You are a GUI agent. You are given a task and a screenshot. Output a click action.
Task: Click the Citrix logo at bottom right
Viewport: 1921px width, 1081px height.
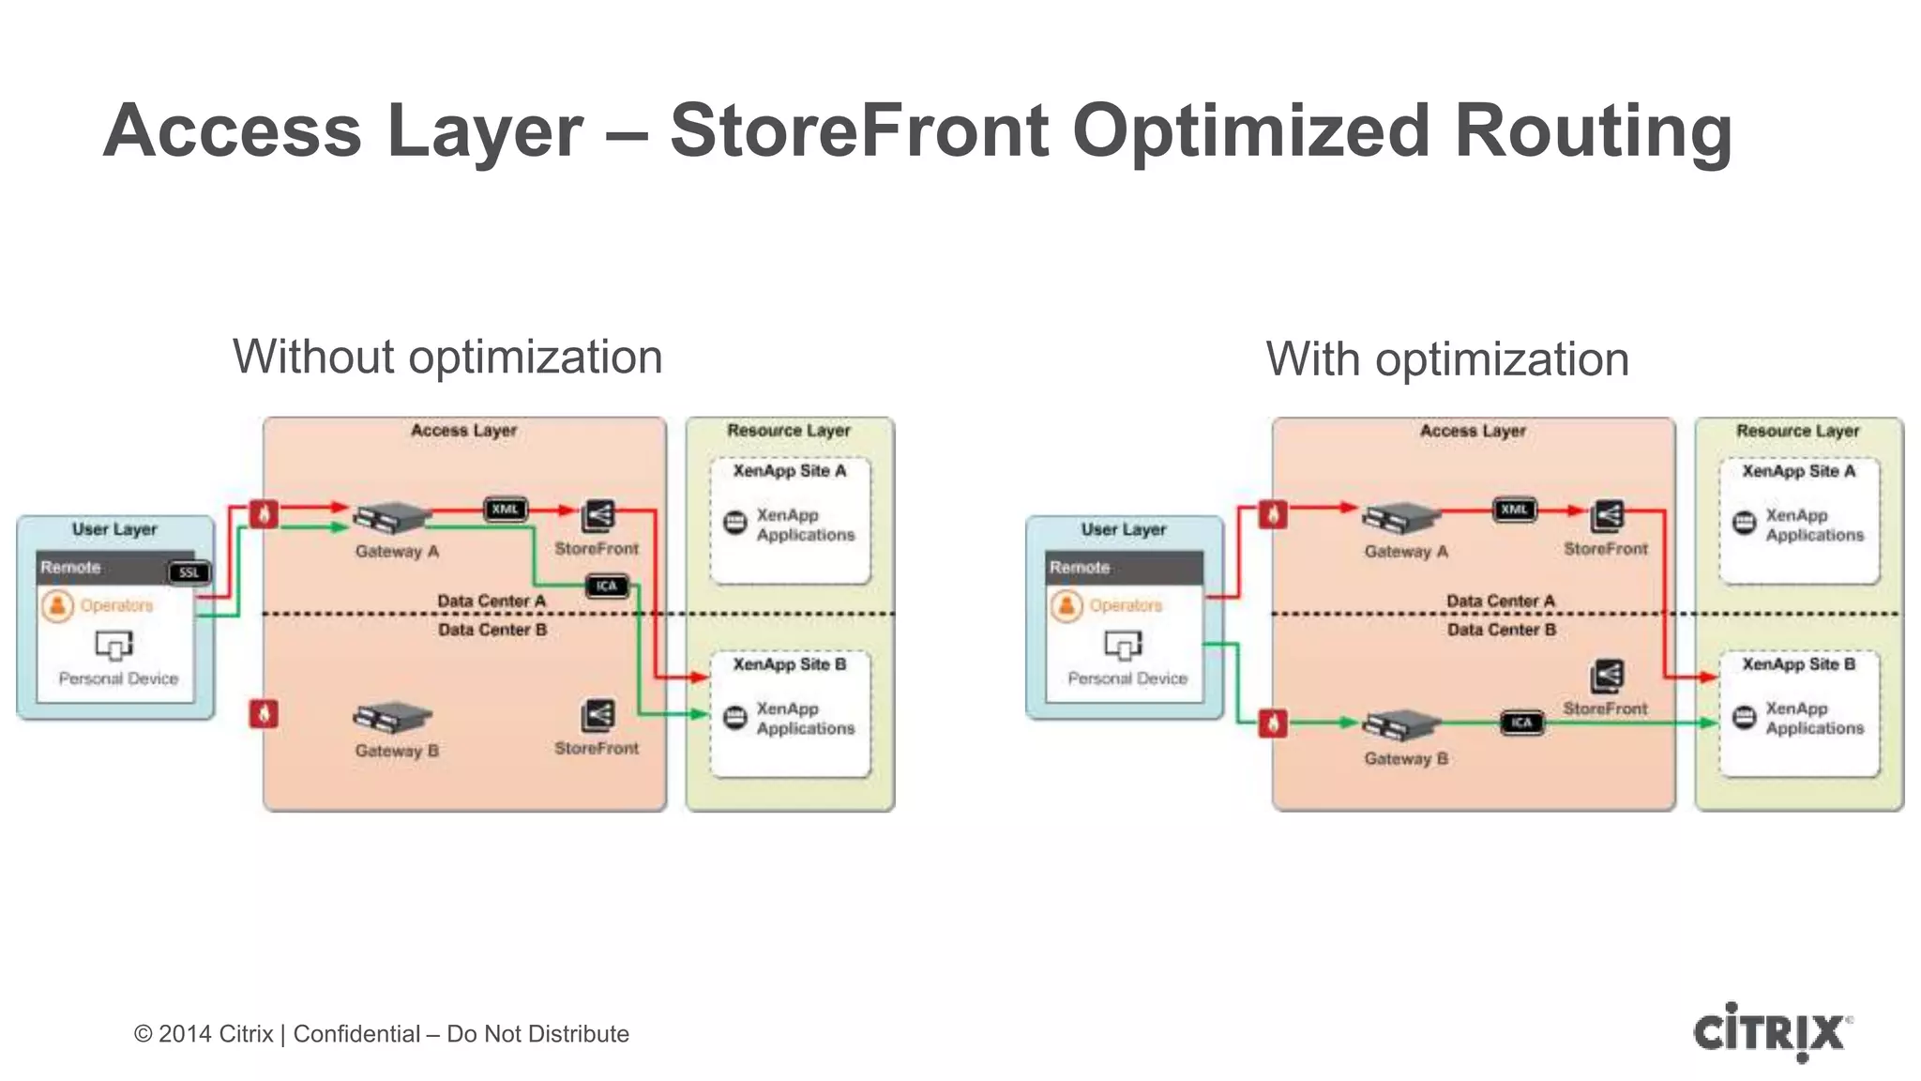point(1771,1032)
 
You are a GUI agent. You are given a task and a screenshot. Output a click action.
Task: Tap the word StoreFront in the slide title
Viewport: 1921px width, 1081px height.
point(858,131)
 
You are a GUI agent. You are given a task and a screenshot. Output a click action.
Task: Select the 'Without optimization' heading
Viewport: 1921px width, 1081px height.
point(447,358)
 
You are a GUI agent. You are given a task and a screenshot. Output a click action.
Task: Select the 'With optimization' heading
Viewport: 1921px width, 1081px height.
point(1446,359)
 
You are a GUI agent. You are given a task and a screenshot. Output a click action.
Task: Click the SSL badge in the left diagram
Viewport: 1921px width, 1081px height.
point(189,572)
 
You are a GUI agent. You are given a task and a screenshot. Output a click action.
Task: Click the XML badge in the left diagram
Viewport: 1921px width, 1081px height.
point(506,510)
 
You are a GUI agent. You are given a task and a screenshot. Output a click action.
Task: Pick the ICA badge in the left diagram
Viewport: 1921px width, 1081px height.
point(606,586)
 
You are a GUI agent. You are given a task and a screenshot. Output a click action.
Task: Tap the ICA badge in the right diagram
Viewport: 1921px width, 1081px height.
point(1521,723)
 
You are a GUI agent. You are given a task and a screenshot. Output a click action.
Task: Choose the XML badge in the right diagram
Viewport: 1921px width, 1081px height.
point(1514,510)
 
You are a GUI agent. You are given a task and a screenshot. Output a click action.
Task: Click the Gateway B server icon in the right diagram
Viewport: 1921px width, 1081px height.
point(1401,725)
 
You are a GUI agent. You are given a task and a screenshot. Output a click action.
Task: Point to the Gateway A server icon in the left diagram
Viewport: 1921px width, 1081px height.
point(392,517)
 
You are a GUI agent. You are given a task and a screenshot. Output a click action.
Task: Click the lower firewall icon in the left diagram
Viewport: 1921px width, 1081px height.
point(264,714)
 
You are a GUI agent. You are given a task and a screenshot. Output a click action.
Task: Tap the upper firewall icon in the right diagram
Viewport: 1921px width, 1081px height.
point(1273,514)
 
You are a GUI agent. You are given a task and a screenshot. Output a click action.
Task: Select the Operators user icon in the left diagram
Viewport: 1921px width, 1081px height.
point(57,605)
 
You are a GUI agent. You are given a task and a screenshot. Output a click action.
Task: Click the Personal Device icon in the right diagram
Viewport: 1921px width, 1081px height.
point(1123,645)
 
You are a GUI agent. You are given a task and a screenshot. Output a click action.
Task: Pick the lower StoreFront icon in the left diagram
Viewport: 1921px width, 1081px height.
point(597,716)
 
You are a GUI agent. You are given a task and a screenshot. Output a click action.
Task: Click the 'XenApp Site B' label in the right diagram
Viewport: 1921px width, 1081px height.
point(1798,664)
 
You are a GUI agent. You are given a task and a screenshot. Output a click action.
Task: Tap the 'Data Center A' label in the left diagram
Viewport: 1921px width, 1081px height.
point(491,601)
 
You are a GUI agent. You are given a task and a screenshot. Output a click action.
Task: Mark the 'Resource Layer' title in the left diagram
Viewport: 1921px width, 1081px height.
point(788,431)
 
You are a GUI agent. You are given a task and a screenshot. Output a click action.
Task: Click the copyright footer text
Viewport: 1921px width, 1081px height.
point(381,1034)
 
